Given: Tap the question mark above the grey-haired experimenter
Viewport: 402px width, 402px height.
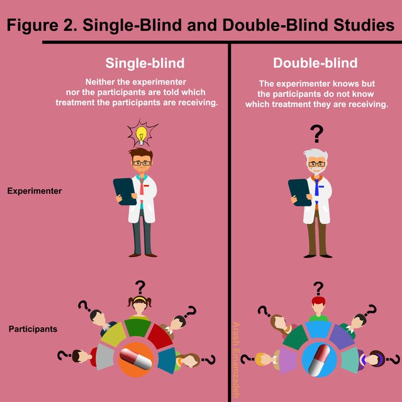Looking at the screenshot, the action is tap(316, 133).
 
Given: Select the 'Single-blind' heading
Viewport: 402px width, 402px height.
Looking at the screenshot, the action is tap(145, 63).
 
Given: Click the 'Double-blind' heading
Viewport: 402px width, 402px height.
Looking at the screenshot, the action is tap(315, 63).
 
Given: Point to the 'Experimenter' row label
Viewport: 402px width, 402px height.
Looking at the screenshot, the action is tap(35, 191).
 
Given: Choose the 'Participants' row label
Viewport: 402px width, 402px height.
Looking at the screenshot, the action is tap(33, 329).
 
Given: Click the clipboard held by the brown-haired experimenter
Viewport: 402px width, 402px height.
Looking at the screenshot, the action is tap(124, 192).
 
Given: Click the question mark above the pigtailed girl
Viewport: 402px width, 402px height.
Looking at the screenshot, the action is tap(140, 287).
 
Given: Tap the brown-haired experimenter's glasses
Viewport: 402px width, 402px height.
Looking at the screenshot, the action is tap(142, 163).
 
